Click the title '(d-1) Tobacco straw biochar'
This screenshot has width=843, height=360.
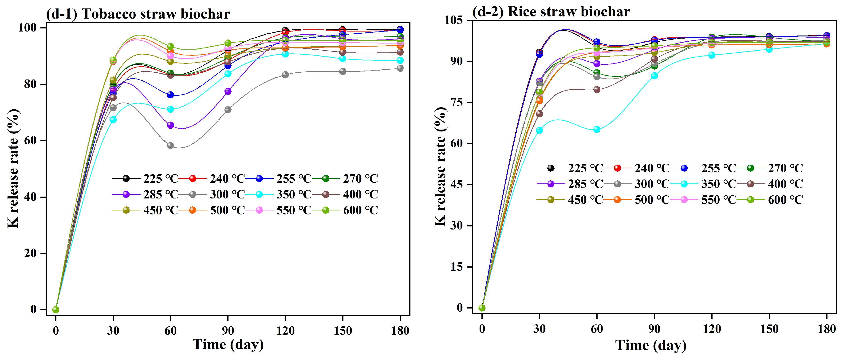[x=138, y=14]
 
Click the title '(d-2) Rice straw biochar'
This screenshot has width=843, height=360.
[x=551, y=12]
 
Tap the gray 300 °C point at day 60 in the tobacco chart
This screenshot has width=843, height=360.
[x=170, y=145]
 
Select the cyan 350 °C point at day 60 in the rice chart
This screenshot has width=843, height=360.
[x=597, y=129]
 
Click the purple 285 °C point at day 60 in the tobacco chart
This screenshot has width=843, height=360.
[x=170, y=125]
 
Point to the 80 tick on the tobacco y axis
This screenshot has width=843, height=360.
[x=30, y=84]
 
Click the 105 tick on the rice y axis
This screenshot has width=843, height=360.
[x=453, y=20]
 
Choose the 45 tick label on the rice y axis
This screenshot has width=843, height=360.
[x=456, y=185]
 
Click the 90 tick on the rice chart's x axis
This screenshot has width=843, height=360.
[x=654, y=328]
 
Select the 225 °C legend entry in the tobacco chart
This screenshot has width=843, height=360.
[x=146, y=179]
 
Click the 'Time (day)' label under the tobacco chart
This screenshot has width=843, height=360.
[x=228, y=344]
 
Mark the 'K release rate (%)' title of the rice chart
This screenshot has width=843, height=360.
[x=441, y=166]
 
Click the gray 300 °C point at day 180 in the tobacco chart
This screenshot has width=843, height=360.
[x=400, y=68]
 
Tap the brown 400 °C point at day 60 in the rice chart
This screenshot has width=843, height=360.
[x=597, y=90]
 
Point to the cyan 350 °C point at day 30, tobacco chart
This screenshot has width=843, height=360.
[x=113, y=120]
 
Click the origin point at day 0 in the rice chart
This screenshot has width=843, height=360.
[x=482, y=308]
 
